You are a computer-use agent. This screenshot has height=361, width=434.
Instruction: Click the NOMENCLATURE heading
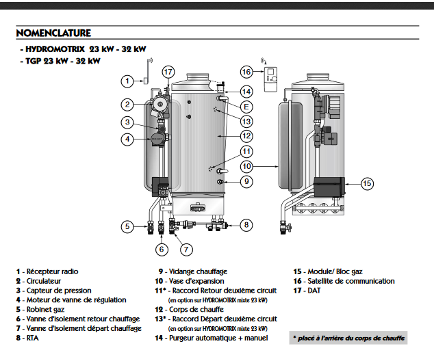53,33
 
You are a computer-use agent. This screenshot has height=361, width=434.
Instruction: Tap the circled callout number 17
168,72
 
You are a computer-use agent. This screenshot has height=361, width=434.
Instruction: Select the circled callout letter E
246,107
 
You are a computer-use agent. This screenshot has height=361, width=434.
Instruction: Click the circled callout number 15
368,183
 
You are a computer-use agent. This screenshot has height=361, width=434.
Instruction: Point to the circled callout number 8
246,225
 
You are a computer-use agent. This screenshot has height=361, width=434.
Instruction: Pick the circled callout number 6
162,250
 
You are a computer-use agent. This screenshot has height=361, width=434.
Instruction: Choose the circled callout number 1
127,81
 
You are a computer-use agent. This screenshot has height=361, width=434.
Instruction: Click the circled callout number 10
246,166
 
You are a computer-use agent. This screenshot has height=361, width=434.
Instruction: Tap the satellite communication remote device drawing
270,79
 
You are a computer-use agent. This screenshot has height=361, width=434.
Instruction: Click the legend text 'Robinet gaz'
45,309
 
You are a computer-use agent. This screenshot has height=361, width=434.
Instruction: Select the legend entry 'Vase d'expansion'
196,281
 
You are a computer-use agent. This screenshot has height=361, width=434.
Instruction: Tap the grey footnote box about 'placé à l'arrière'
348,338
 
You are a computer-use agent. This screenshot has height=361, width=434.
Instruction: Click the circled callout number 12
246,136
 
